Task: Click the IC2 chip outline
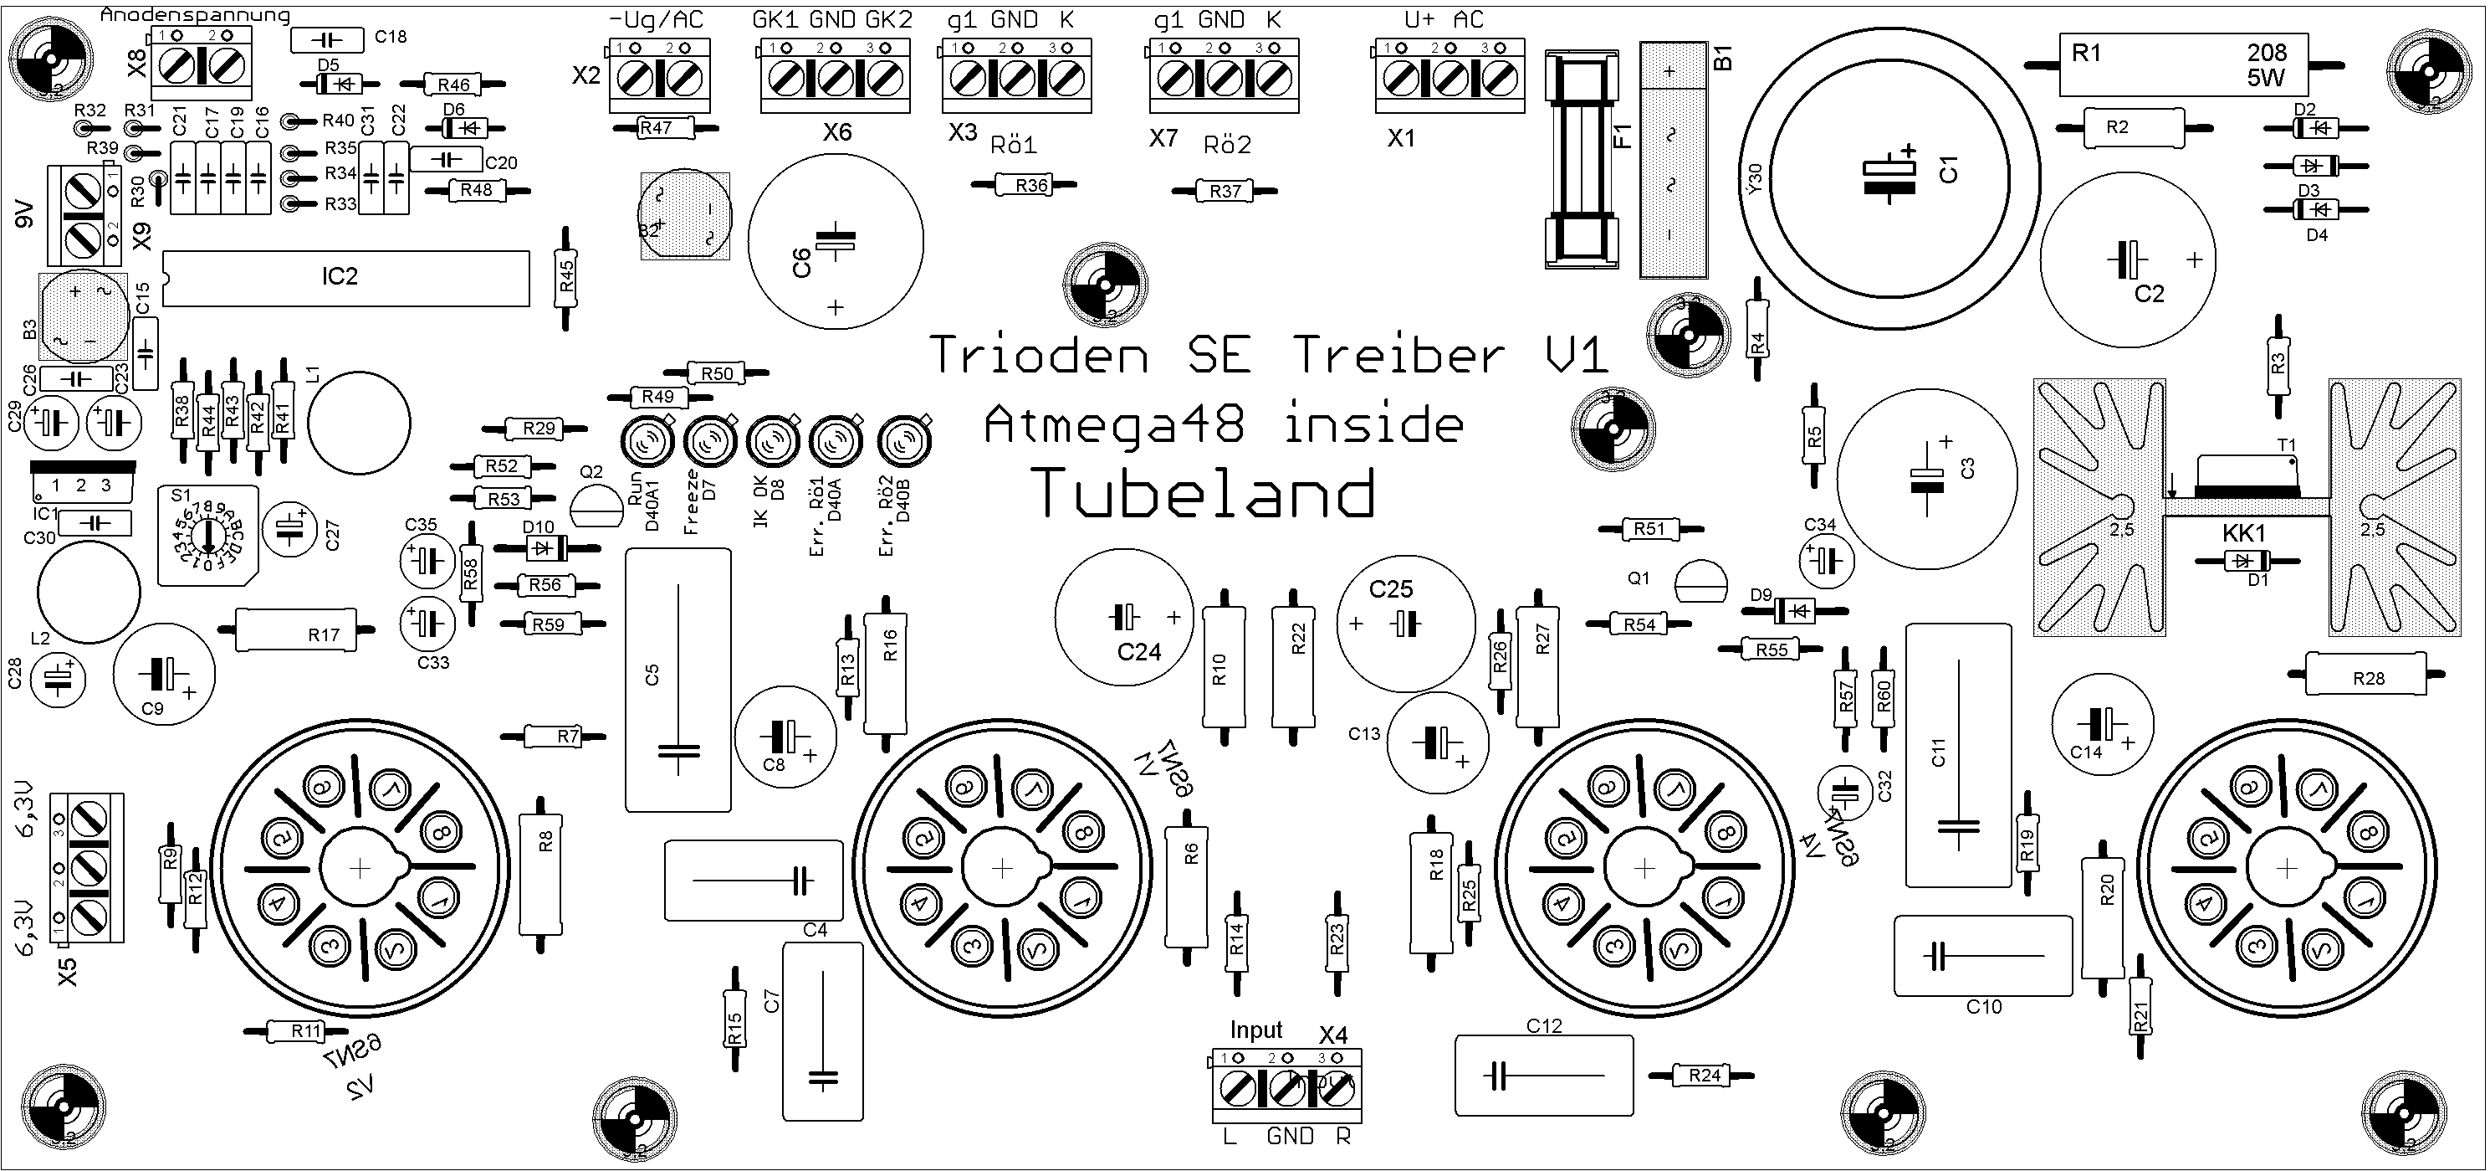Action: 346,279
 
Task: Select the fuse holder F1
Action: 1582,158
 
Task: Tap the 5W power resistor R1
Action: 2182,64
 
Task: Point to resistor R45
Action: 566,279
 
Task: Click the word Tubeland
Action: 1205,493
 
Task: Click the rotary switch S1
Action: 207,536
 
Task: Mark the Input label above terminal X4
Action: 1255,1030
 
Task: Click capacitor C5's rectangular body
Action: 677,679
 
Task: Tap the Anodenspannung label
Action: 194,14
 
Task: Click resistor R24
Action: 1704,1074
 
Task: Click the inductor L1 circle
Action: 359,423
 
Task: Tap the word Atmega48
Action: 1113,425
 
